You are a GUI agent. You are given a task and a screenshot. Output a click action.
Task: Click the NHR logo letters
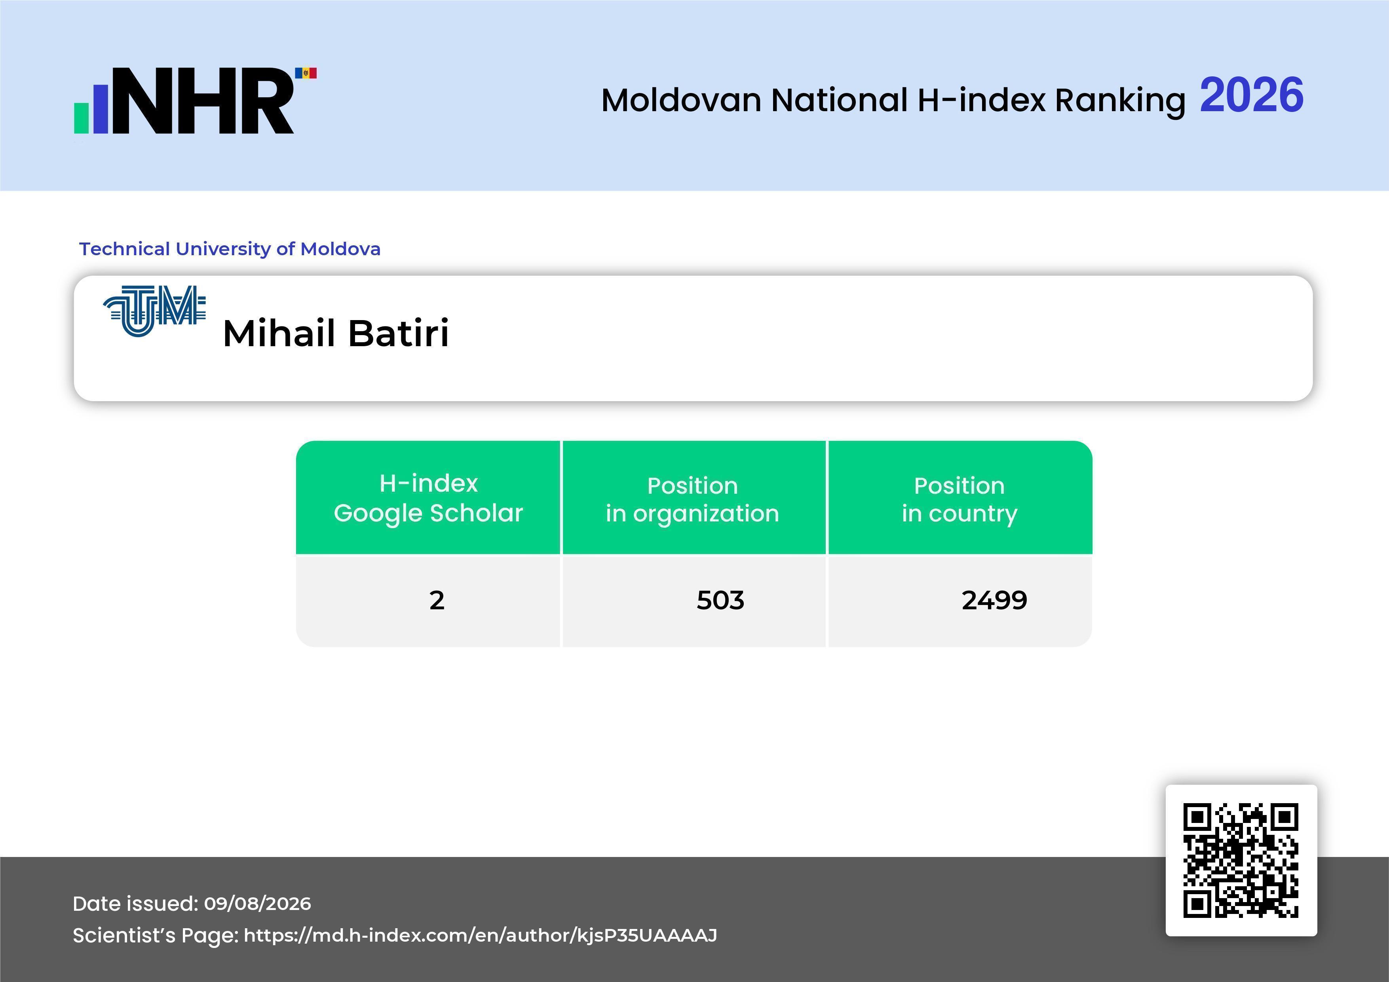pos(203,100)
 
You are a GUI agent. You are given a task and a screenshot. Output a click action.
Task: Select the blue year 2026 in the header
pos(1251,95)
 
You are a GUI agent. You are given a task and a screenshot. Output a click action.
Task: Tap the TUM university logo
pos(155,311)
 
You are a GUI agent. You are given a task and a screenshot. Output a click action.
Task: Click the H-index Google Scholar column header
pos(428,498)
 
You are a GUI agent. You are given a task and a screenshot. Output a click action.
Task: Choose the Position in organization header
pos(693,499)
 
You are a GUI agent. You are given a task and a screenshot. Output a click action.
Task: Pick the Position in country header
pos(960,499)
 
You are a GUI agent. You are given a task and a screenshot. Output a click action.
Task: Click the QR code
pos(1241,861)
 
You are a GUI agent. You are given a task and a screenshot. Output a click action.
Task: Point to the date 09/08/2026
pos(258,903)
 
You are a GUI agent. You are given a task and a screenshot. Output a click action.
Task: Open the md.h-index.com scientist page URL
pos(480,935)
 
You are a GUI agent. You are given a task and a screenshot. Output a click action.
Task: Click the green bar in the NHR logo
pos(82,118)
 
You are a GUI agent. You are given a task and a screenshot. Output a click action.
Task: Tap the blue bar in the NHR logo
pos(101,109)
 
